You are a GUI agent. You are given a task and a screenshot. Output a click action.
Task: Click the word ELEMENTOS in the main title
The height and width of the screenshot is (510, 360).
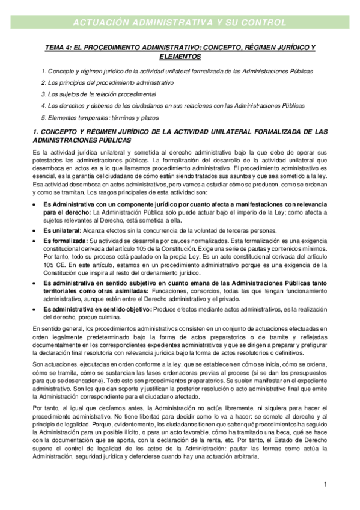[180, 57]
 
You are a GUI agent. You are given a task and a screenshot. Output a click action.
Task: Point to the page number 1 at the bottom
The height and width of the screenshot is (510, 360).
[325, 485]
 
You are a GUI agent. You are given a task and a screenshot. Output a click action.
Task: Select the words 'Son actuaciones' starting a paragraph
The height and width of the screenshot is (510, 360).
[55, 366]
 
